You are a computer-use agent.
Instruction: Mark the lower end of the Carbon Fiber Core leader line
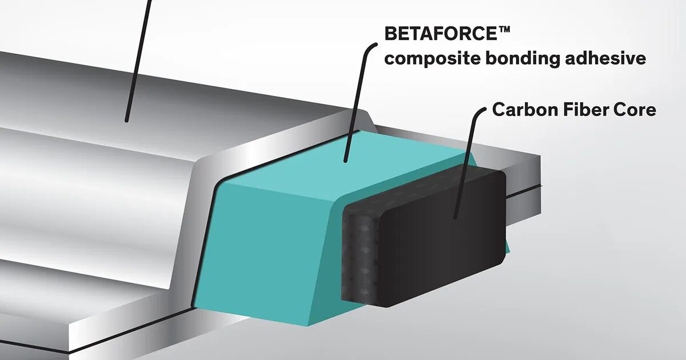point(455,218)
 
